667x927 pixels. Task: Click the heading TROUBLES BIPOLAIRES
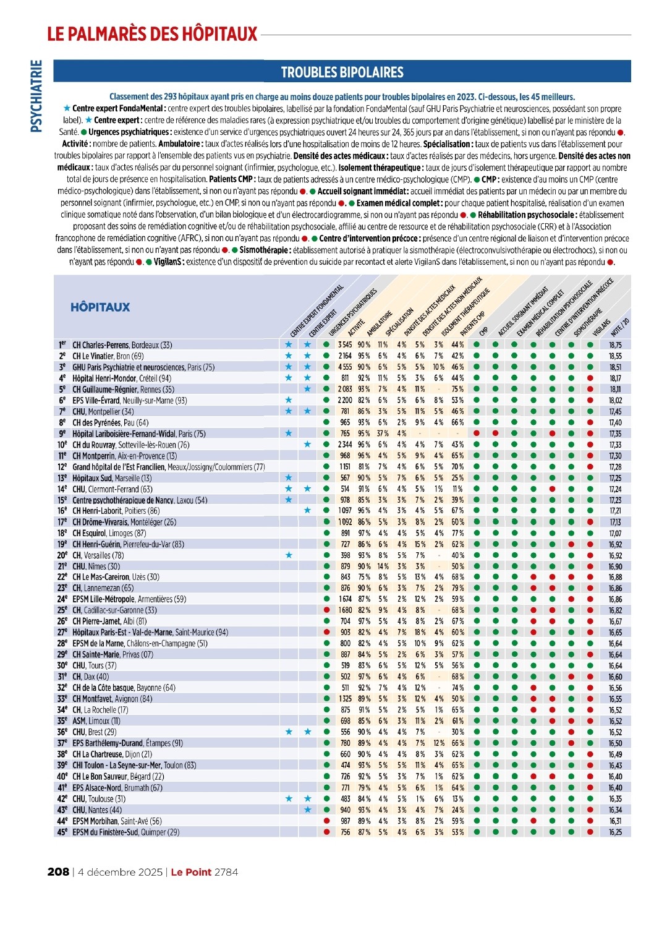342,72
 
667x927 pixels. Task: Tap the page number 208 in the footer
58,872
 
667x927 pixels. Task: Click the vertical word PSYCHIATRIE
36,96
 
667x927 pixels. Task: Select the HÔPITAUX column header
100,307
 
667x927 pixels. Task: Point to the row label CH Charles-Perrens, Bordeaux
122,345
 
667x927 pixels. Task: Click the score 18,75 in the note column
615,345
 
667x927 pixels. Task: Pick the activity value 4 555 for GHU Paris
345,367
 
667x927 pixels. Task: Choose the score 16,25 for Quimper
615,832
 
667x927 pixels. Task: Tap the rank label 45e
62,832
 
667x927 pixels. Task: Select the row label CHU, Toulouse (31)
99,799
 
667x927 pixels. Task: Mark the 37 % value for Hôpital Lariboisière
383,434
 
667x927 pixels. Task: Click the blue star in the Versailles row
289,555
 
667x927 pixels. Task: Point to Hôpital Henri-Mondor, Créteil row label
122,378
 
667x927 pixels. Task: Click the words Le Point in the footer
191,872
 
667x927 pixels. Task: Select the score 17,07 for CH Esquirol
615,533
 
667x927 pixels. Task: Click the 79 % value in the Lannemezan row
457,588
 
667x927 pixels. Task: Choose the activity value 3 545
345,345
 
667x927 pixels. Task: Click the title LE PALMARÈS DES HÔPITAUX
152,33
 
